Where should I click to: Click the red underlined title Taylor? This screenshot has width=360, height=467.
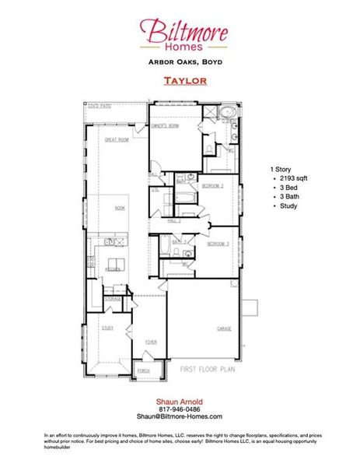click(x=184, y=80)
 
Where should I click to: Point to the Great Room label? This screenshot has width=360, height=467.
click(x=116, y=140)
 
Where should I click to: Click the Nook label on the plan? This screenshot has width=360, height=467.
click(x=120, y=208)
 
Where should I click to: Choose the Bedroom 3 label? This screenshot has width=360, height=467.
click(x=217, y=245)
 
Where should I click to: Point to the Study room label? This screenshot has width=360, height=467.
click(x=107, y=328)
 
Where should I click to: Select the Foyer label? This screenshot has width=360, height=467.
click(x=151, y=341)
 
